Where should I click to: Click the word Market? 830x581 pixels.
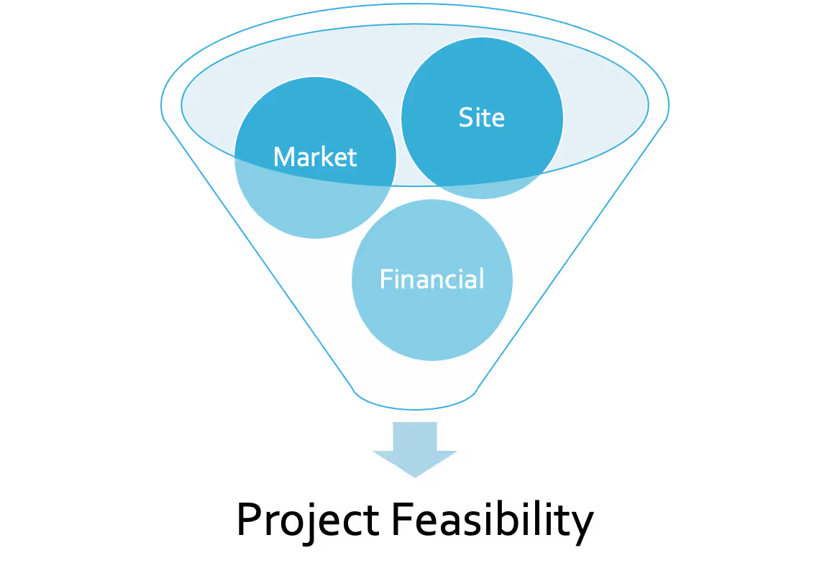coord(315,157)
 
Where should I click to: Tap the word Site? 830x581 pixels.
coord(481,118)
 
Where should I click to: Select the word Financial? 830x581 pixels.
coord(432,279)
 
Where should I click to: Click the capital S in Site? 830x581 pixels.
coord(466,118)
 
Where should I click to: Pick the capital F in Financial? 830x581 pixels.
coord(386,279)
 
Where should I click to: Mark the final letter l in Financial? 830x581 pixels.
coord(481,278)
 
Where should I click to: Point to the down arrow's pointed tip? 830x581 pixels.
coord(415,476)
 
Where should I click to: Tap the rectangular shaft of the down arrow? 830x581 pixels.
coord(415,436)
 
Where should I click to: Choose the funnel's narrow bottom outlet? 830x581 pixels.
coord(415,397)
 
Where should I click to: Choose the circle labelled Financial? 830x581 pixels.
coord(432,324)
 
